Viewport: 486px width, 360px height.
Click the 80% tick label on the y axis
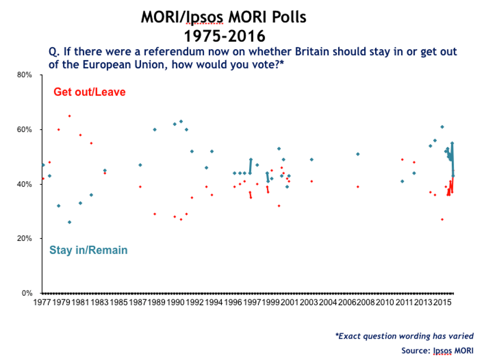[x=25, y=75]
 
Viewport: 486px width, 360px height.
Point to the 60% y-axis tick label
[x=25, y=130]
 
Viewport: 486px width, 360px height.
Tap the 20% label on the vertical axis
[x=25, y=238]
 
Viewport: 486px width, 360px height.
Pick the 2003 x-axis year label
[x=309, y=302]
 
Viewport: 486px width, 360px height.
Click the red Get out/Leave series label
[x=90, y=92]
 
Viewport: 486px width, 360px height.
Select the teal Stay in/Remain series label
[x=88, y=250]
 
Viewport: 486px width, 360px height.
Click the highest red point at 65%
[x=69, y=116]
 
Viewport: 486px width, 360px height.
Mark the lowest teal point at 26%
[x=69, y=222]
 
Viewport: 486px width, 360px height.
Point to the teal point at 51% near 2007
[x=357, y=154]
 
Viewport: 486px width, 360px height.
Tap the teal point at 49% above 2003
[x=312, y=159]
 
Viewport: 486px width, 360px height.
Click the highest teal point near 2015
[x=442, y=127]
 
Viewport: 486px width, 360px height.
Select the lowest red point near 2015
[x=442, y=219]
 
